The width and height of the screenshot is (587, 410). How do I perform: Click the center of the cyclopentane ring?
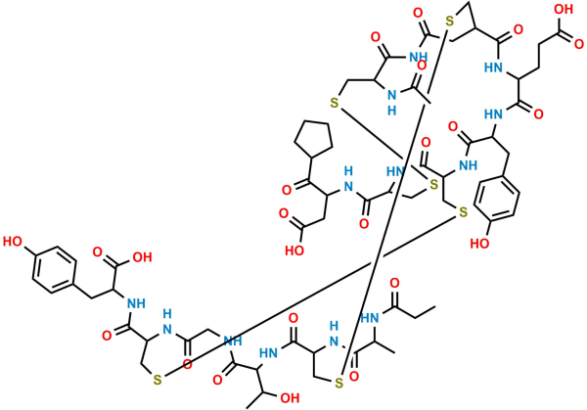pos(313,138)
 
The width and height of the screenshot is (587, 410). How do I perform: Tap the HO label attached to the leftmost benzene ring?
pos(13,242)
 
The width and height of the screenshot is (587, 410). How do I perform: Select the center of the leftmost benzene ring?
pos(55,270)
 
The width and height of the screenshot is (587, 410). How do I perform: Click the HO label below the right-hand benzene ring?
pos(479,244)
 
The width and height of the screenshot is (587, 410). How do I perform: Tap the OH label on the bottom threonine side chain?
pos(290,397)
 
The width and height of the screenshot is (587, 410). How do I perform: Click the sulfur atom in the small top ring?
pos(450,22)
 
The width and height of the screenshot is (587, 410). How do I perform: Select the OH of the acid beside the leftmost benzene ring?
pos(142,257)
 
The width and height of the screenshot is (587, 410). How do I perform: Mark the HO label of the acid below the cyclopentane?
pos(294,251)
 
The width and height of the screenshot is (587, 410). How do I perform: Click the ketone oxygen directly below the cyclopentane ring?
pos(287,190)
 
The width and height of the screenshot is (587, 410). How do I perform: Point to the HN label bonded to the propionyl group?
pos(370,318)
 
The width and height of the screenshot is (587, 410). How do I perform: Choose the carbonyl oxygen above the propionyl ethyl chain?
pos(394,284)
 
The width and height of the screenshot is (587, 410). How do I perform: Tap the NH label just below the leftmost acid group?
pos(136,303)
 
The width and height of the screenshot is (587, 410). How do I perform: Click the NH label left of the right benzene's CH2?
pos(468,164)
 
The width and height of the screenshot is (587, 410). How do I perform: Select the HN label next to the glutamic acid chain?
pos(493,68)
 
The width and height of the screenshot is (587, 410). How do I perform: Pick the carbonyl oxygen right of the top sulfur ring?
pos(519,29)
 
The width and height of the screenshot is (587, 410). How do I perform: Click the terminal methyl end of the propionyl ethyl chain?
pos(435,306)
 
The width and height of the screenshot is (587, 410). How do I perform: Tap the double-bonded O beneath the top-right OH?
pos(579,43)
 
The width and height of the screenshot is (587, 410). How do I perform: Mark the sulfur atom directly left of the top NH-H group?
pos(335,102)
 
